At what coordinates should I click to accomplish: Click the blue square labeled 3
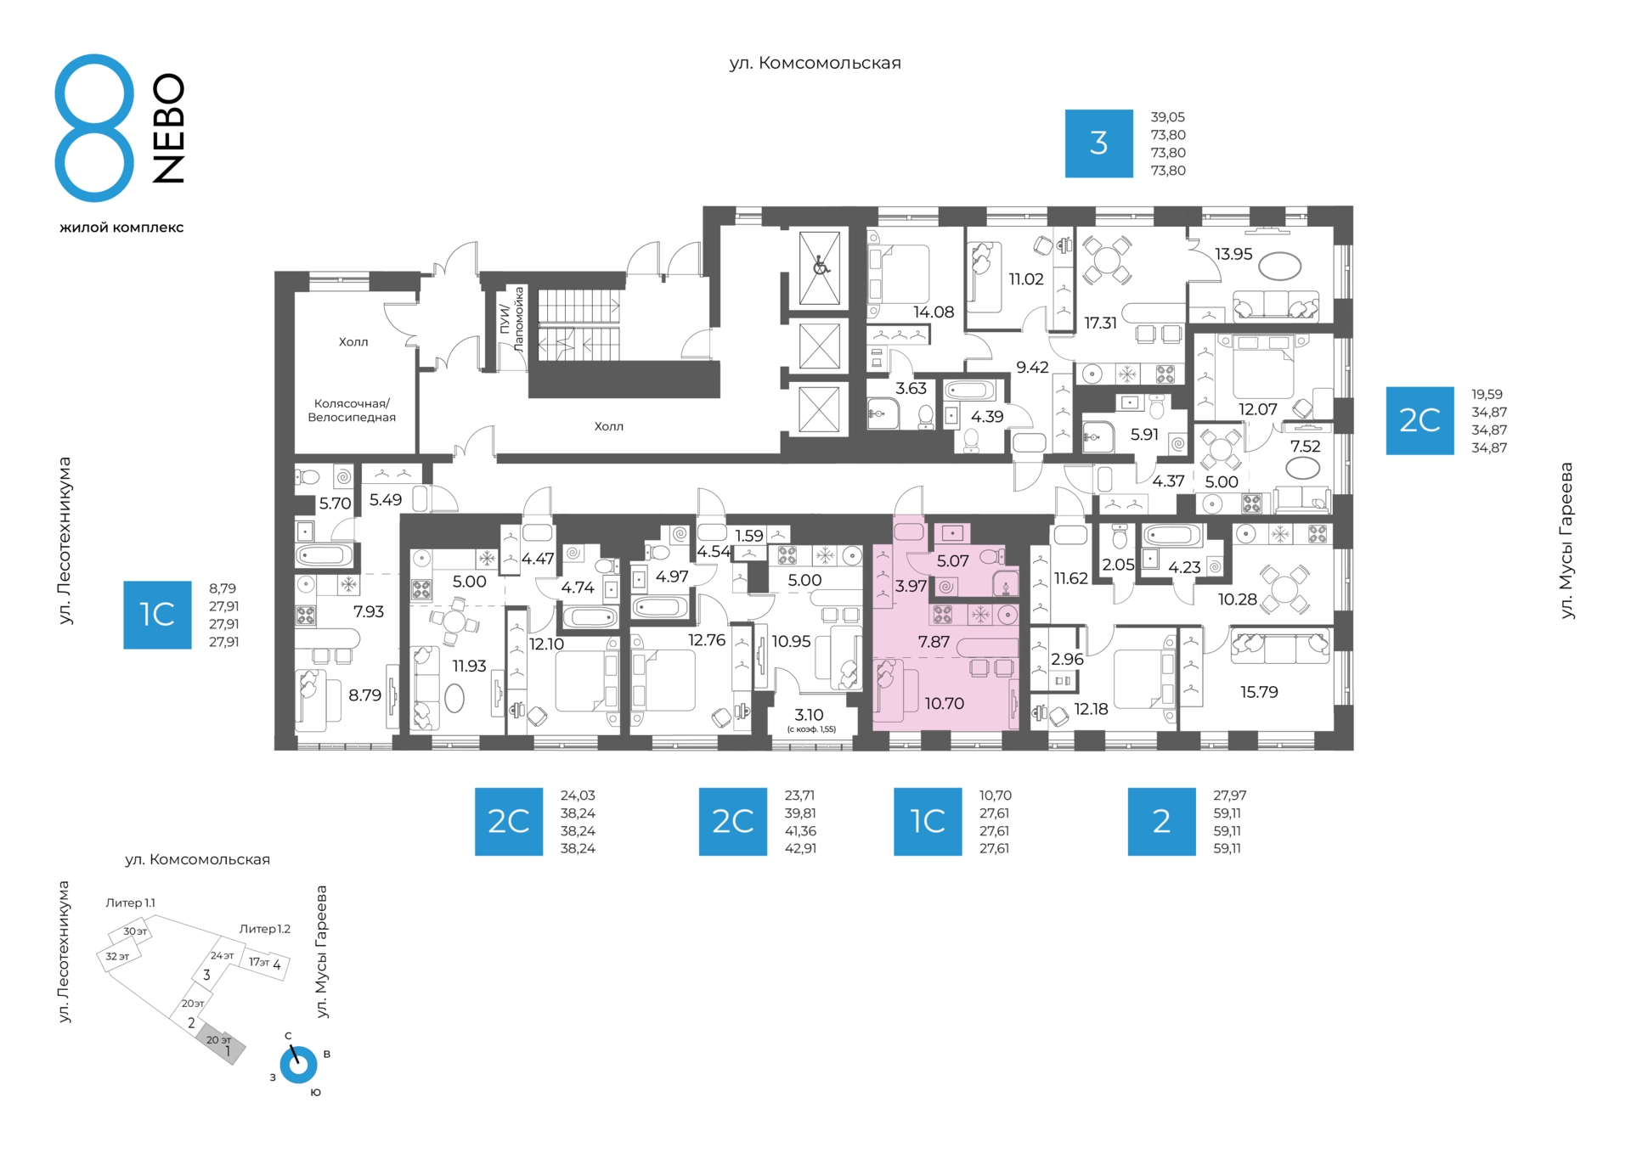[x=1098, y=143]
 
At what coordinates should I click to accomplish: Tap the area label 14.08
[x=934, y=312]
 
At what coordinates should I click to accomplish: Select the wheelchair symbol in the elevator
[x=820, y=267]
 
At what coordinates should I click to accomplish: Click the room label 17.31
[x=1100, y=323]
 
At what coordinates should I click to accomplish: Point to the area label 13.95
[x=1233, y=254]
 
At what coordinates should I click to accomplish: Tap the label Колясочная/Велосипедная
[x=352, y=410]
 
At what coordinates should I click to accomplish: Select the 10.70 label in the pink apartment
[x=944, y=703]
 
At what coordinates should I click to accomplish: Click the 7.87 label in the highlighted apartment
[x=934, y=642]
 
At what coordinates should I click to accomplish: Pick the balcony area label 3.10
[x=809, y=715]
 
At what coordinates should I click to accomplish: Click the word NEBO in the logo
[x=168, y=128]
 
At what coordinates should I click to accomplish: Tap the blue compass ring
[x=299, y=1065]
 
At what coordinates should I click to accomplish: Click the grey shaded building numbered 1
[x=222, y=1047]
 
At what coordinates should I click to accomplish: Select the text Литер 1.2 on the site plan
[x=265, y=929]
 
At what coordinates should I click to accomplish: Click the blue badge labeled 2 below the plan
[x=1161, y=821]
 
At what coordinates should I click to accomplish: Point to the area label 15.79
[x=1259, y=692]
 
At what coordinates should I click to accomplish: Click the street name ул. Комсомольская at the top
[x=815, y=63]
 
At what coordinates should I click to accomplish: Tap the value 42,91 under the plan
[x=800, y=848]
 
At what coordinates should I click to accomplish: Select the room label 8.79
[x=364, y=695]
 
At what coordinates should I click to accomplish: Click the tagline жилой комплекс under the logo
[x=121, y=228]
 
